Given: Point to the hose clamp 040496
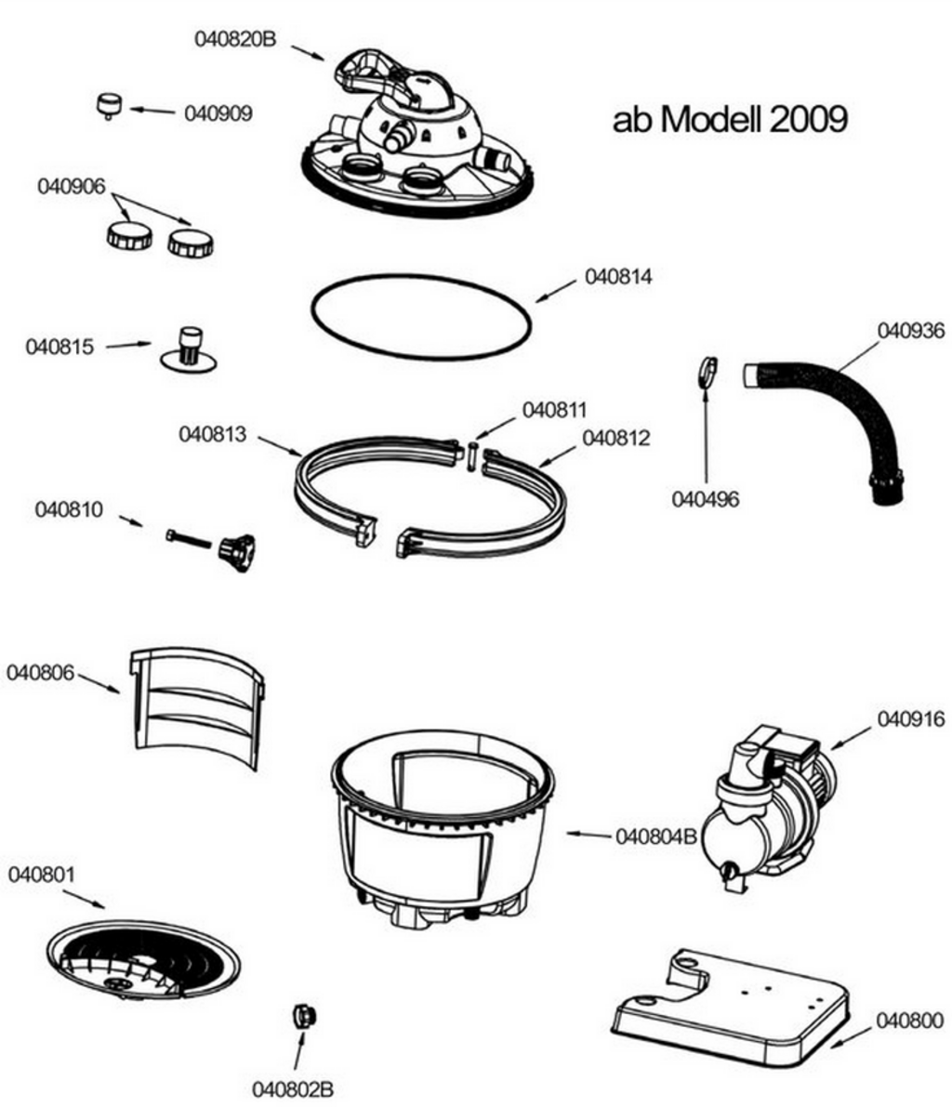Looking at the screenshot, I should tap(706, 372).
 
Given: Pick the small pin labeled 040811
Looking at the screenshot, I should tap(472, 456).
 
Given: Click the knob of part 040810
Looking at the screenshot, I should tap(237, 551).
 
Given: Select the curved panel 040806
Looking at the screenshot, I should tap(195, 705).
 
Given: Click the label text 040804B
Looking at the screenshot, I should tap(656, 837).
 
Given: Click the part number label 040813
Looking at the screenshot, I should tap(213, 434).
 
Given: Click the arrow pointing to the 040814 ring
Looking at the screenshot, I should tap(557, 289).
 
